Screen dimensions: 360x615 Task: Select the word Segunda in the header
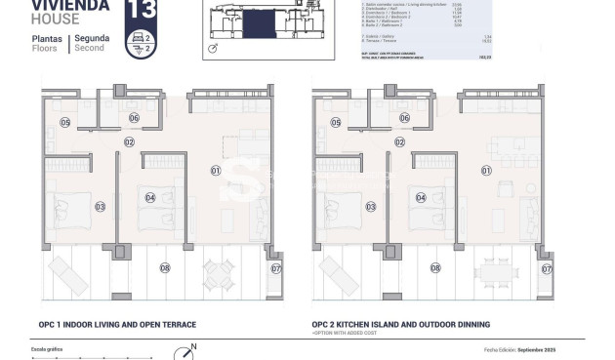point(93,39)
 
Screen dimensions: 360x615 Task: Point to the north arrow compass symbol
point(183,353)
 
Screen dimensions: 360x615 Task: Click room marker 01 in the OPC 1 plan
point(216,170)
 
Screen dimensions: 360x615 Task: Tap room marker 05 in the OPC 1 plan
point(64,122)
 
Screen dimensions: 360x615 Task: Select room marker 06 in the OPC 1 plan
point(134,118)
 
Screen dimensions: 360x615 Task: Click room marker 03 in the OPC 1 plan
point(100,206)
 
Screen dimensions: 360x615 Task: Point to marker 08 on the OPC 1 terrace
point(164,266)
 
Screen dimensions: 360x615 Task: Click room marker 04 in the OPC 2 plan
point(421,197)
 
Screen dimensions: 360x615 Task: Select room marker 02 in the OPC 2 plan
point(399,141)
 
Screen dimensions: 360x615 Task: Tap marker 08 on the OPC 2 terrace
point(435,266)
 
